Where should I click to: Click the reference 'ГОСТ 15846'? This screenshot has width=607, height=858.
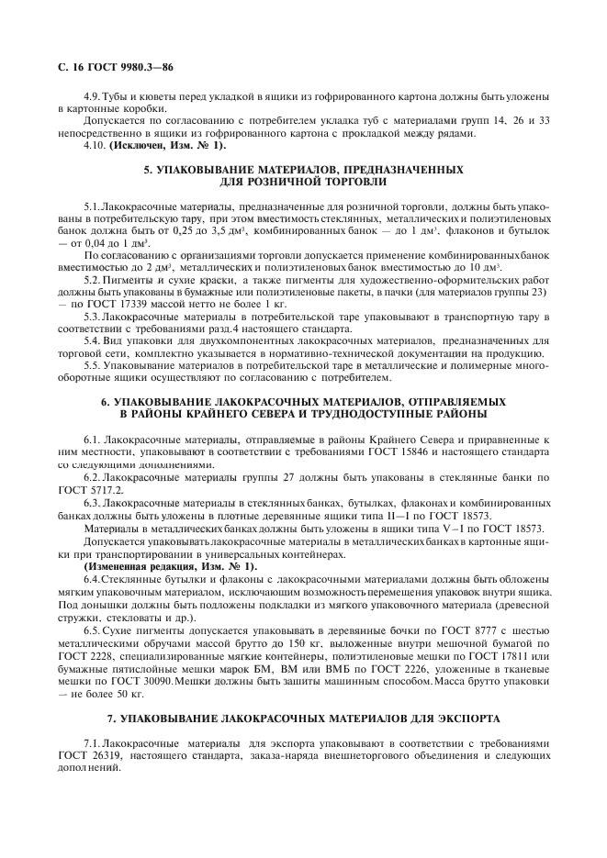411,453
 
